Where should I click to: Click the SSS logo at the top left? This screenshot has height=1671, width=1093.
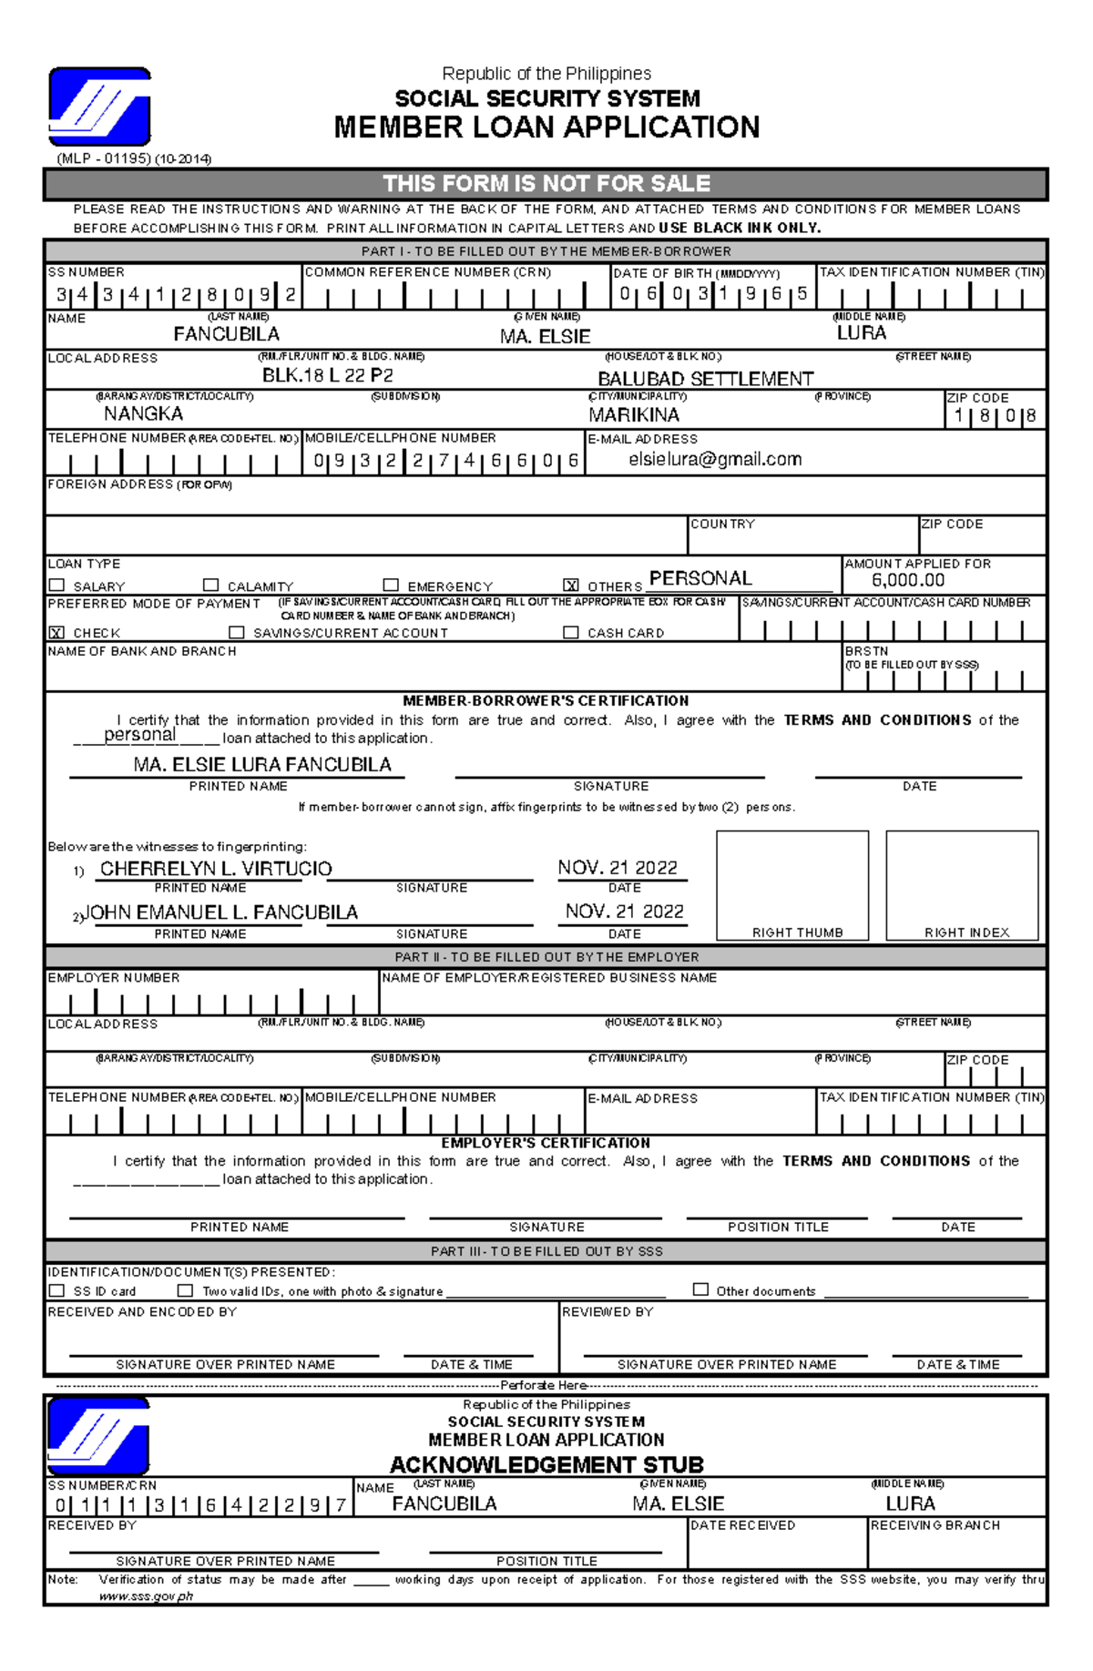point(99,106)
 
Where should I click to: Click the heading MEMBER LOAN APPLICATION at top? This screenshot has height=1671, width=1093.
point(546,127)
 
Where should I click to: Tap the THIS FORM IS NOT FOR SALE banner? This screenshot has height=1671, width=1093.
point(546,184)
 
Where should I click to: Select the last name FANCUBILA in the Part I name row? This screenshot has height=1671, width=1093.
point(226,334)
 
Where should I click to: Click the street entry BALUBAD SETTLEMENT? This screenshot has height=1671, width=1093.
point(705,379)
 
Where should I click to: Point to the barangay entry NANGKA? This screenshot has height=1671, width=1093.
point(143,414)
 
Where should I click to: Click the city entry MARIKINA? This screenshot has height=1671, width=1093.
point(634,415)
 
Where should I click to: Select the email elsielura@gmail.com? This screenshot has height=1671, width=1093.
point(715,460)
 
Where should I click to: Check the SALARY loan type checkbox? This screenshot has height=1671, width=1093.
point(57,586)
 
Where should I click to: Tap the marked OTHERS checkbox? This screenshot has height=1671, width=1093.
point(571,586)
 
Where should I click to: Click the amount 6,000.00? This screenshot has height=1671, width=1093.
point(907,581)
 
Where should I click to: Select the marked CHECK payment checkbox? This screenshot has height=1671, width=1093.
point(57,632)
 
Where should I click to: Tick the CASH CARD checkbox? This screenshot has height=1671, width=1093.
point(571,632)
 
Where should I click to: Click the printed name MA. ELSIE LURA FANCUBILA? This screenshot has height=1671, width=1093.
point(262,765)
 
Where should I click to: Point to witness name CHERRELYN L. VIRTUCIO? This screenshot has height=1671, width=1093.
point(216,869)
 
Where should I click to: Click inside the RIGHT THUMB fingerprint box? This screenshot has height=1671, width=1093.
point(792,879)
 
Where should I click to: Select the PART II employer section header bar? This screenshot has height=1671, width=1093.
point(546,957)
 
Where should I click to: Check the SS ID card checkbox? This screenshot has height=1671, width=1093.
point(57,1290)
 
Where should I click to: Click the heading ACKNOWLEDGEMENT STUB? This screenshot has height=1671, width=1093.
point(546,1464)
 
